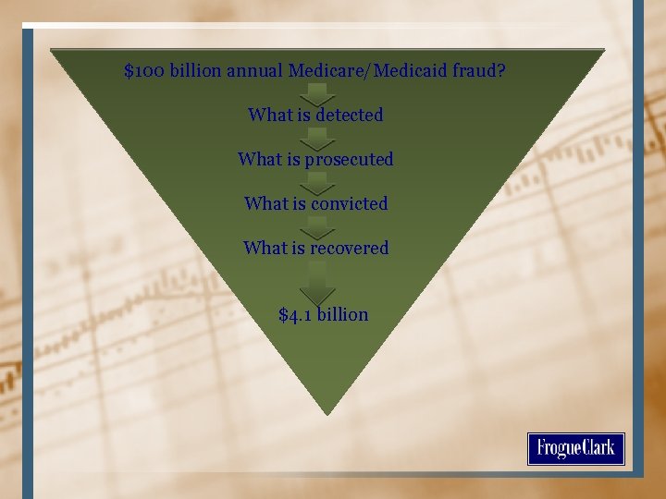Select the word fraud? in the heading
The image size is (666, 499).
[x=480, y=71]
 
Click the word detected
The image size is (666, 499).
[x=349, y=116]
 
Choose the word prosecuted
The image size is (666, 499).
[x=349, y=160]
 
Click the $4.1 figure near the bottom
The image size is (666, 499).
[x=296, y=315]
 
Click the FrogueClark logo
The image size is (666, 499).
[x=576, y=449]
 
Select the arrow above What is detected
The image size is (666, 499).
[x=317, y=92]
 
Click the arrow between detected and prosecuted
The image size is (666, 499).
[x=317, y=138]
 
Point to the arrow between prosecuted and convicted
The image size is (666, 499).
[x=317, y=182]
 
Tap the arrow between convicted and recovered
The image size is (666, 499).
[x=317, y=226]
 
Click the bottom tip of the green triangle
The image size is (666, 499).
[x=327, y=412]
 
